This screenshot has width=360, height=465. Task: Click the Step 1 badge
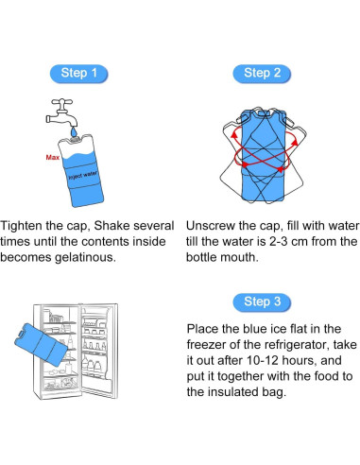tap(78, 74)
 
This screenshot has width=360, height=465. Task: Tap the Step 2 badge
tap(262, 74)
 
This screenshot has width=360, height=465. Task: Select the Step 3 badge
tap(262, 302)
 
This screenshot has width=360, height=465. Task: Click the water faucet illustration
tap(62, 112)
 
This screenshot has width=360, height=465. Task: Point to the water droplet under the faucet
tap(75, 131)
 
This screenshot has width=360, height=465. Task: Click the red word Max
tap(52, 157)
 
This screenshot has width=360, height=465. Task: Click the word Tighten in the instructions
tap(21, 226)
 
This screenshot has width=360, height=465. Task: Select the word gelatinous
tap(85, 257)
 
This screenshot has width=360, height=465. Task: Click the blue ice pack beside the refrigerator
tap(42, 345)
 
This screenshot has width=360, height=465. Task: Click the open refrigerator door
tap(98, 351)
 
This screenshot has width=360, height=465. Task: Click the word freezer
tap(206, 345)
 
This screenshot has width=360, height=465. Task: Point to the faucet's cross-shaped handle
tap(62, 102)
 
